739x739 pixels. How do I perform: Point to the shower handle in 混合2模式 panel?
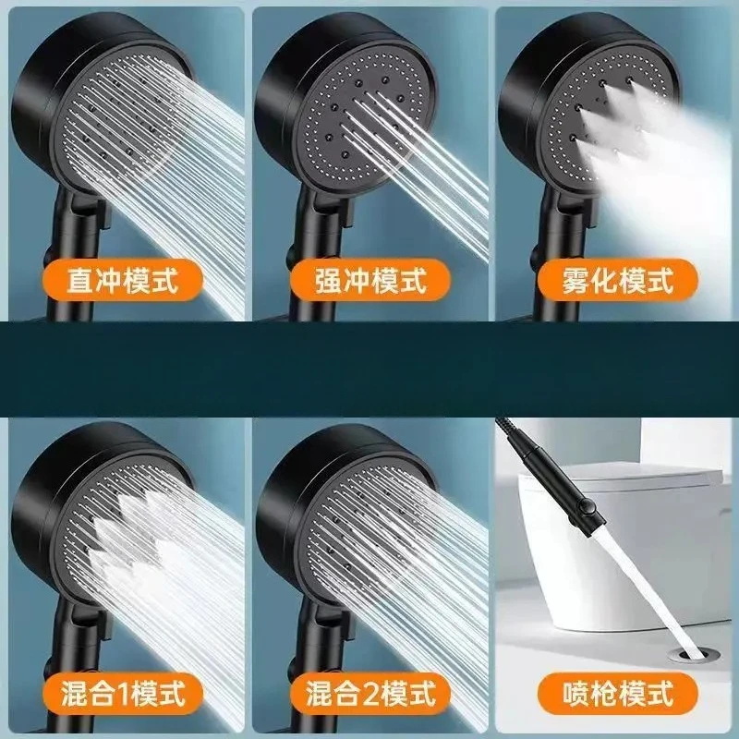click(x=309, y=647)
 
